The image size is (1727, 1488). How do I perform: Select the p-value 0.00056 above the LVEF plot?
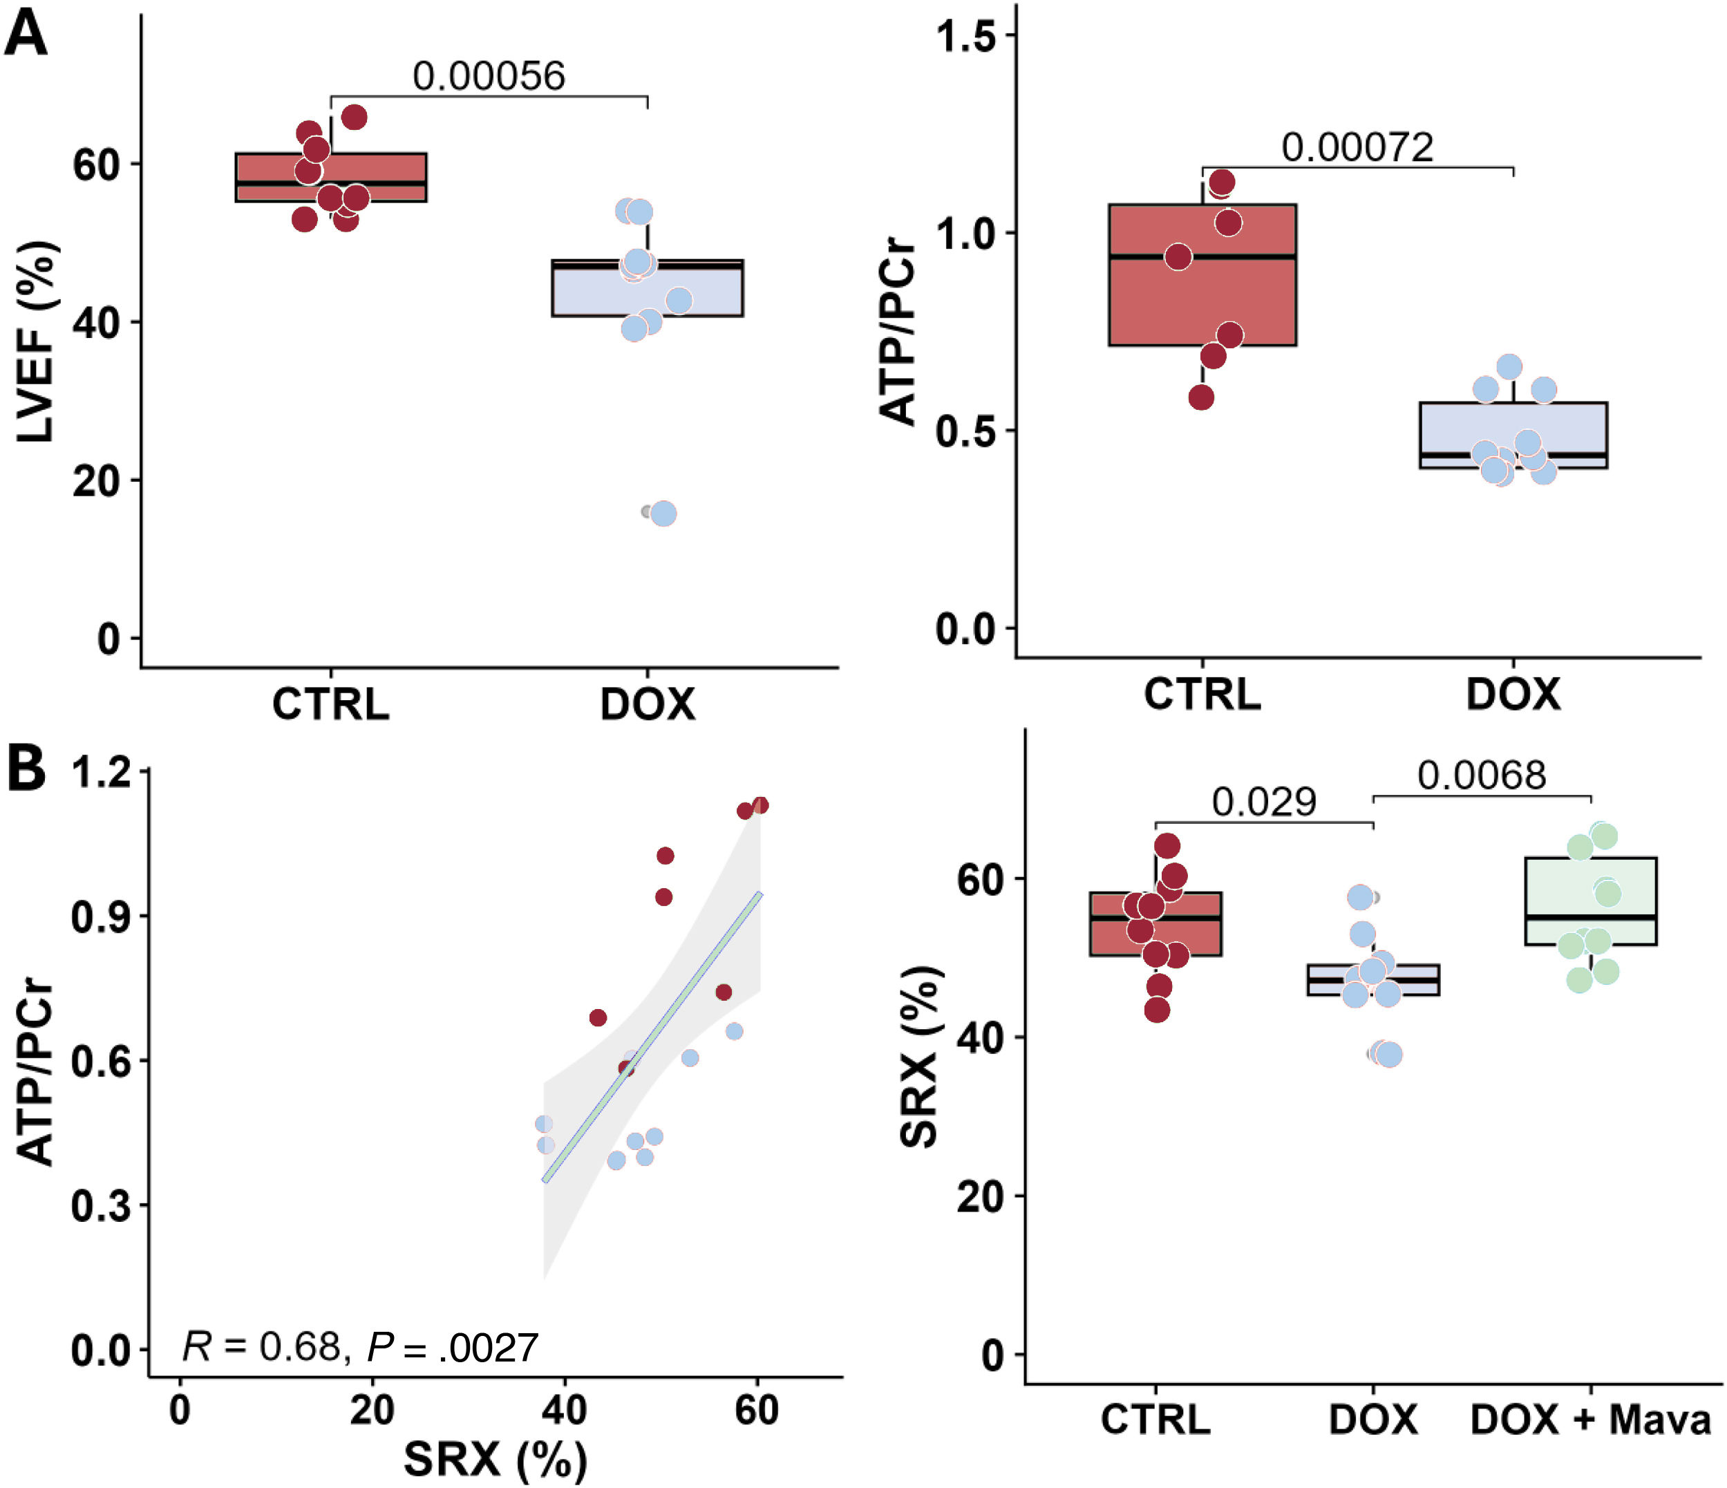pos(489,76)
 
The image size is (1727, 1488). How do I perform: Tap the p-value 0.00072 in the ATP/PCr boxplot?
pos(1357,147)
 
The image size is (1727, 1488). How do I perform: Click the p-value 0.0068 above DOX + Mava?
pos(1481,775)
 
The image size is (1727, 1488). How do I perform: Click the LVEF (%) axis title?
pos(35,342)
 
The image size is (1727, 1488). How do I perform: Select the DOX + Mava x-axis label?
pos(1590,1419)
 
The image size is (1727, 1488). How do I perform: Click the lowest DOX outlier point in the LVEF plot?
pos(663,514)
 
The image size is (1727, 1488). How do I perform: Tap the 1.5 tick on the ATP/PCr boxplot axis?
pos(966,36)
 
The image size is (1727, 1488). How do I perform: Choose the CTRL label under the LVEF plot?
pos(331,704)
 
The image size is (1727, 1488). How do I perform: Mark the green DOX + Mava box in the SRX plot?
pos(1590,901)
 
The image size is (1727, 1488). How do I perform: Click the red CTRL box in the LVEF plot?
pos(331,178)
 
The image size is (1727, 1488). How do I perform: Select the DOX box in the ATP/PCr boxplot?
pos(1513,435)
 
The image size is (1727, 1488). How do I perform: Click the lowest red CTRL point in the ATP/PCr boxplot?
pos(1201,397)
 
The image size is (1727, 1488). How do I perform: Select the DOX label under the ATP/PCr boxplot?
pos(1513,695)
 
